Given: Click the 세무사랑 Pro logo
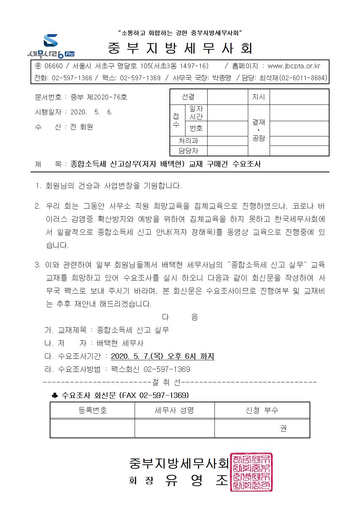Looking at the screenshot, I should [51, 46].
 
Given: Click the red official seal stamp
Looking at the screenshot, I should [251, 472].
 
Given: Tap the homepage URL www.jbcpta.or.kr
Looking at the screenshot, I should [294, 66].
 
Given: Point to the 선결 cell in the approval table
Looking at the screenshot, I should [188, 97].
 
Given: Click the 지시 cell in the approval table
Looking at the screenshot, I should [259, 97].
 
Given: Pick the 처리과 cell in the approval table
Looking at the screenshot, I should [188, 141].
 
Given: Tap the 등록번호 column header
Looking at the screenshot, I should [93, 410].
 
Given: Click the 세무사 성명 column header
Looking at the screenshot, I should [175, 410].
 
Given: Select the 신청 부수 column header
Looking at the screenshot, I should [262, 410].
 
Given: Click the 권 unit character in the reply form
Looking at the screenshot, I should [283, 428].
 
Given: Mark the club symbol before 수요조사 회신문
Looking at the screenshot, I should [55, 395].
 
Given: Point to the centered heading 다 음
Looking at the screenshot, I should [180, 317].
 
